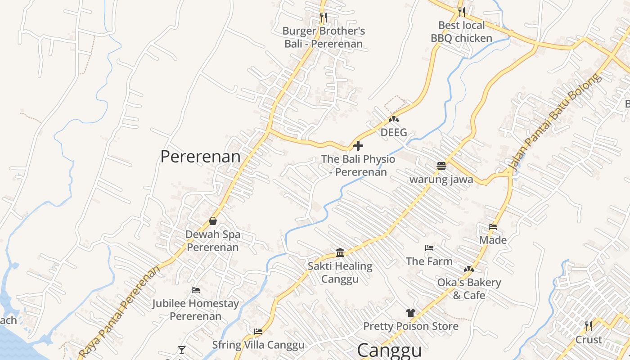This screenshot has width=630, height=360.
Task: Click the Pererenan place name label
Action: click(200, 157)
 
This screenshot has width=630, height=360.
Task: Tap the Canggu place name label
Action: click(390, 351)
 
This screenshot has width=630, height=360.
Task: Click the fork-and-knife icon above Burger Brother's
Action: click(323, 18)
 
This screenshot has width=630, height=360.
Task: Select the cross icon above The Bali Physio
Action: click(358, 146)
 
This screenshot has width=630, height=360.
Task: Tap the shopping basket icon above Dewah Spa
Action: click(213, 221)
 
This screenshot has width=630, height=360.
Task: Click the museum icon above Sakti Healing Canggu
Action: click(340, 252)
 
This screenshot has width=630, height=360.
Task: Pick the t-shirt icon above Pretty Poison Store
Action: click(410, 312)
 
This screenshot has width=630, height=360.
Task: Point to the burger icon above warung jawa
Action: click(441, 166)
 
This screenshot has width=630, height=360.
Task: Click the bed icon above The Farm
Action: click(429, 248)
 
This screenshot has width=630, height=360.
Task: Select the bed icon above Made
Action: click(493, 227)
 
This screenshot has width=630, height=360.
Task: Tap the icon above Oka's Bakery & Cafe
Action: click(469, 269)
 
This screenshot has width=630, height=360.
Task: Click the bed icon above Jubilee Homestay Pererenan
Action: click(195, 290)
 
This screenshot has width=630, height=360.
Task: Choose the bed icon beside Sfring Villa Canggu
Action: click(258, 332)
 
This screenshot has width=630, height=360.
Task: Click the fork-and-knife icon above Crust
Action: click(588, 325)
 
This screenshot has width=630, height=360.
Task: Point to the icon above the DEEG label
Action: click(394, 119)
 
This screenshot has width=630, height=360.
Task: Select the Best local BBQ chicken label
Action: click(461, 31)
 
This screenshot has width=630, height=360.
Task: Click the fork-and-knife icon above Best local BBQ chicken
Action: click(461, 12)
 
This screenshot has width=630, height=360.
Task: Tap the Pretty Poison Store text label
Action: click(410, 326)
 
